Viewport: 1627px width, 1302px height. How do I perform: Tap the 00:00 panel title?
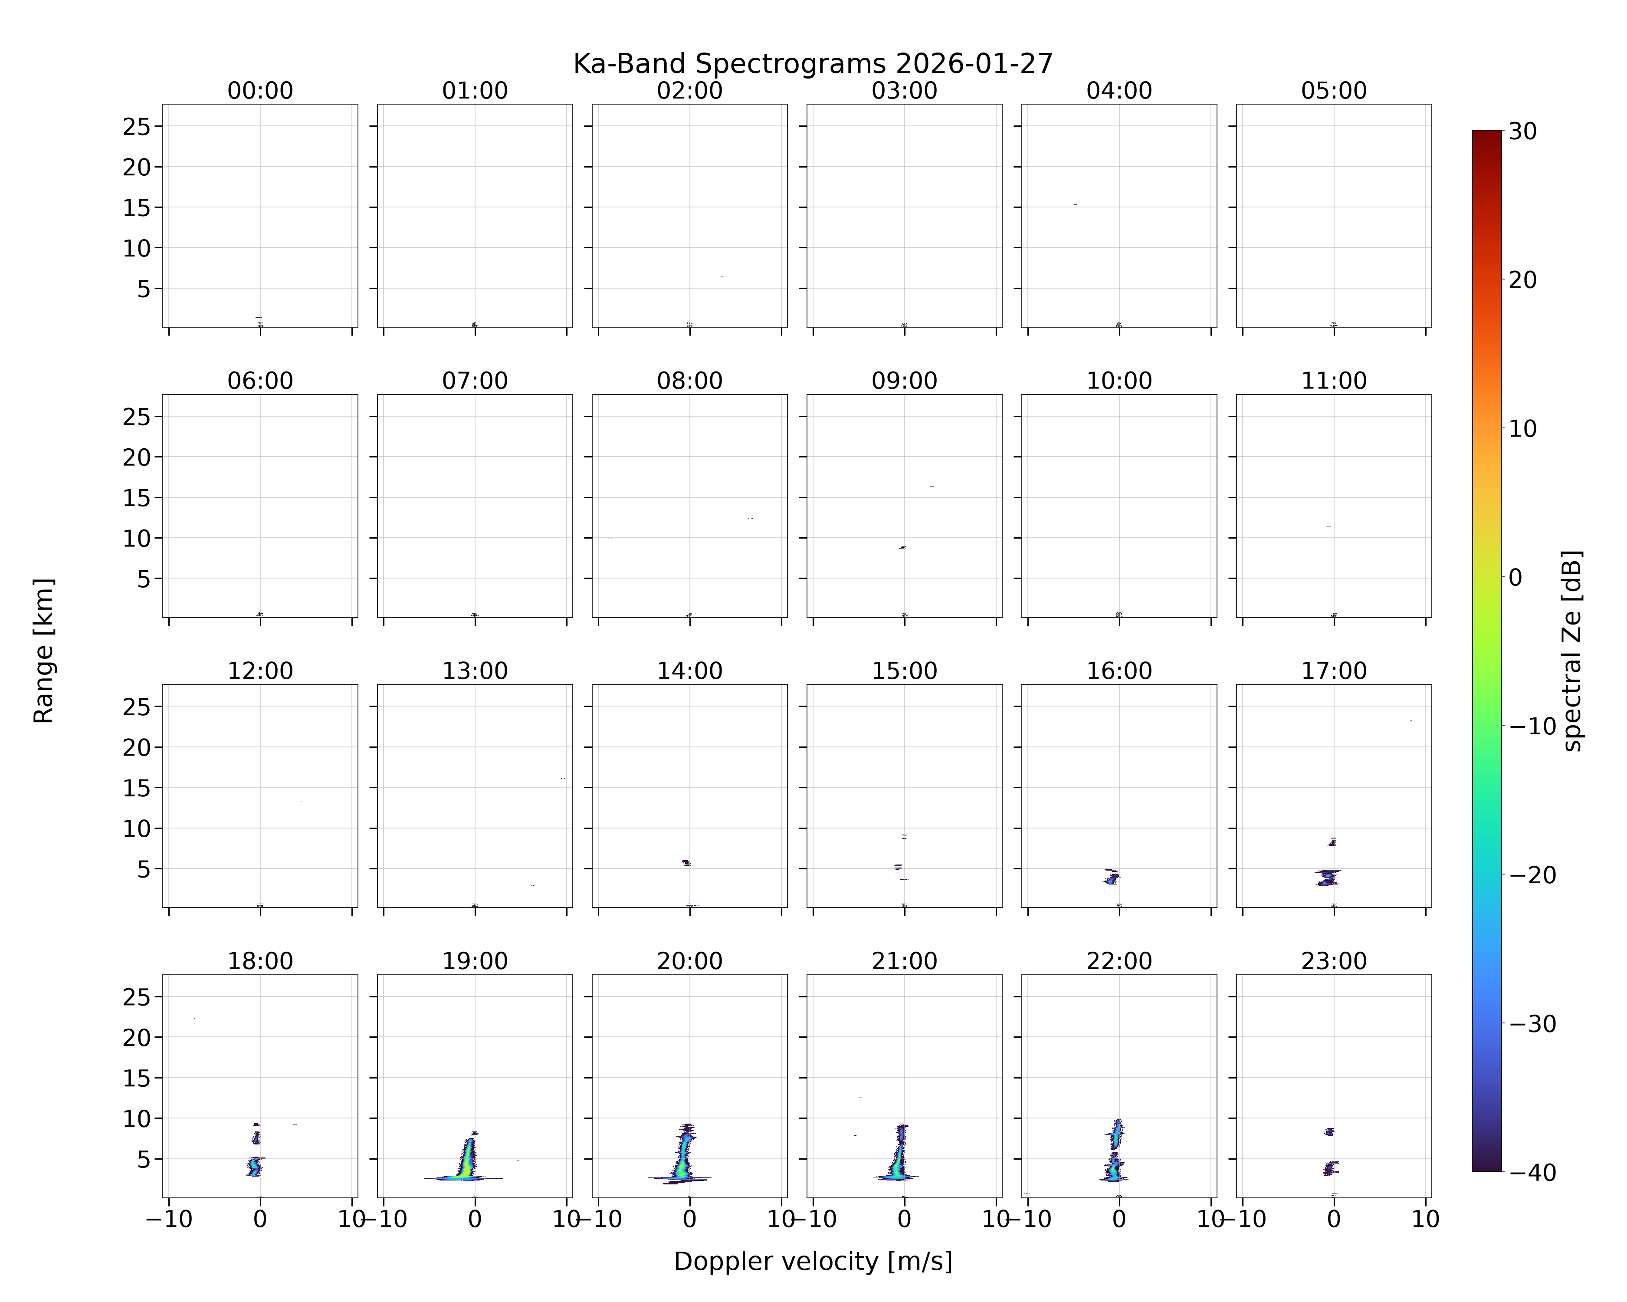point(260,91)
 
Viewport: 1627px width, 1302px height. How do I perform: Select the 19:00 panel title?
point(475,961)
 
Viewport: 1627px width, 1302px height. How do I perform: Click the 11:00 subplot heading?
point(1333,381)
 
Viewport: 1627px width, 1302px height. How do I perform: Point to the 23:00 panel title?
point(1333,961)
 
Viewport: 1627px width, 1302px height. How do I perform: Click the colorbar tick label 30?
point(1523,132)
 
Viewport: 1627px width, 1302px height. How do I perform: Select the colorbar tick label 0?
point(1515,577)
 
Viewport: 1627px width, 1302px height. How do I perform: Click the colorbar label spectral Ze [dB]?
point(1572,651)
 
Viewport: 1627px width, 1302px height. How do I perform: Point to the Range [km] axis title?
point(44,651)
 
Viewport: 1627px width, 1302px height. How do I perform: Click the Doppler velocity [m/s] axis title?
point(813,1261)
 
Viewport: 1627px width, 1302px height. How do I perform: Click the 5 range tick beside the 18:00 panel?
point(144,1159)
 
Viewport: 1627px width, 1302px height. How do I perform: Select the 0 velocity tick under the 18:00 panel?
point(260,1219)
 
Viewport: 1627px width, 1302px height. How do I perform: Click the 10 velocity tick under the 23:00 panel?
point(1426,1219)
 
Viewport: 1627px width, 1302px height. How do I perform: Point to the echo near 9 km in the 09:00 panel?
point(902,547)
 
